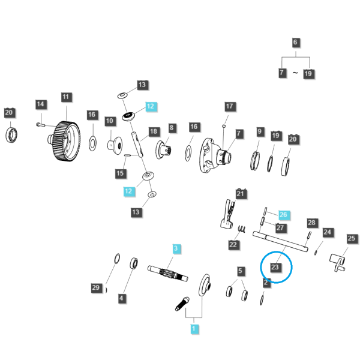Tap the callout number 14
click(41, 104)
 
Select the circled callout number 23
click(275, 267)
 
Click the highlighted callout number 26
click(284, 215)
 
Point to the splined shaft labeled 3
click(168, 273)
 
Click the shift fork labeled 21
click(228, 214)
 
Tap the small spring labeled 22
click(242, 229)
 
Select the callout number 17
click(230, 106)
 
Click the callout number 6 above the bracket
click(295, 42)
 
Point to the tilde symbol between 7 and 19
click(295, 73)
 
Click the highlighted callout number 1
click(194, 329)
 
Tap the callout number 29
click(96, 287)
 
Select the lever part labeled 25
click(337, 262)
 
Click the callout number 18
click(154, 131)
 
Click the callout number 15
click(121, 173)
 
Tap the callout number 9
click(260, 131)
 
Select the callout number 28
click(312, 223)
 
